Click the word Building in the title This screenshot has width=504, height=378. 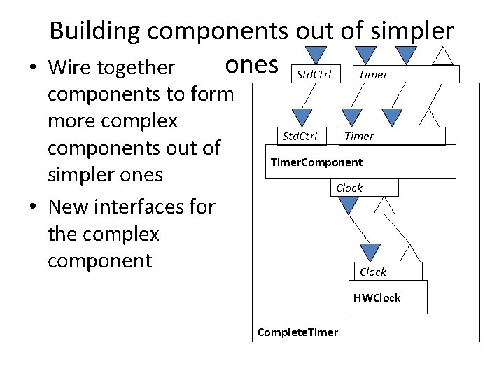96,31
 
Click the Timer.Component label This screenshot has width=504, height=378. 316,162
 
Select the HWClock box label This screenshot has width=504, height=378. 377,298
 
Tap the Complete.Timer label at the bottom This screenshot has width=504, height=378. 297,332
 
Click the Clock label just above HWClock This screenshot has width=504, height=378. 373,272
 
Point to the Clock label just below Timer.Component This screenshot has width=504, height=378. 349,188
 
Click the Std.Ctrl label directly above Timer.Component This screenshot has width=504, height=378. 299,136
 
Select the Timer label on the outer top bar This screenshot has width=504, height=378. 372,74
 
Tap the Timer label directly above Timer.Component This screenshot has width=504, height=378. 358,136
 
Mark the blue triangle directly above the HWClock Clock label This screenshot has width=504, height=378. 370,252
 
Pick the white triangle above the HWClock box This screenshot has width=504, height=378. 410,253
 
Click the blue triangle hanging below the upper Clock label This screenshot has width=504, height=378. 348,204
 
